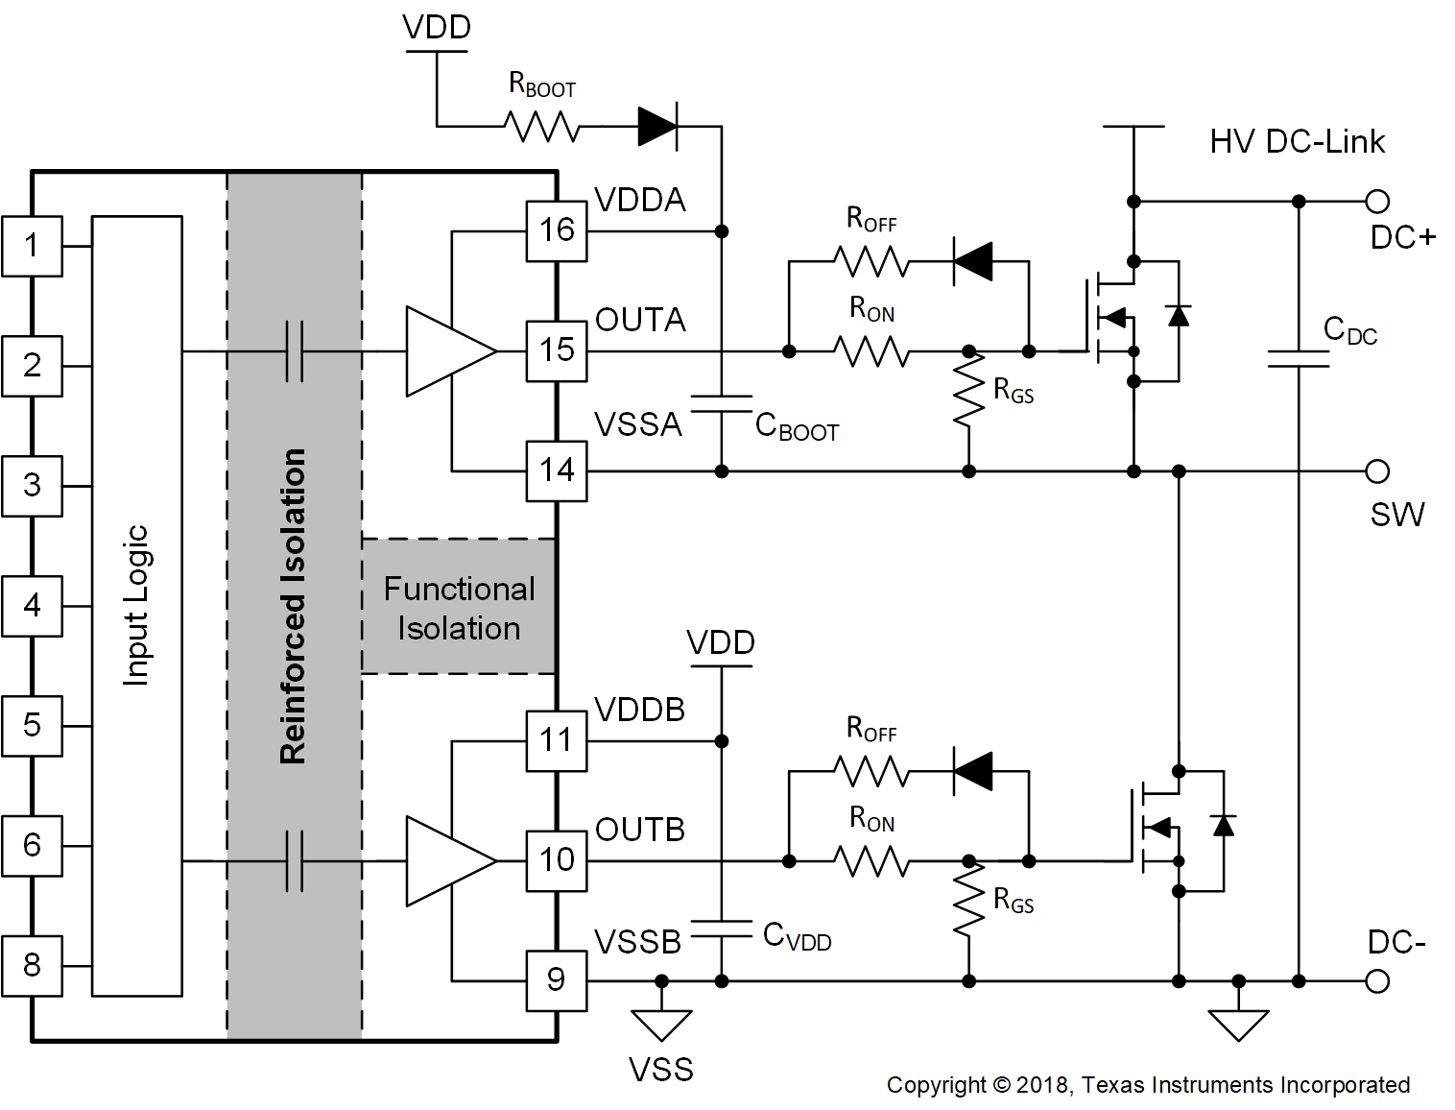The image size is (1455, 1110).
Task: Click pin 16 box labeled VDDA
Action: (556, 231)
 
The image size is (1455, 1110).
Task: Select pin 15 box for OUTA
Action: (556, 351)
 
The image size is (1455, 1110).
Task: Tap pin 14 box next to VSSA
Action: (556, 471)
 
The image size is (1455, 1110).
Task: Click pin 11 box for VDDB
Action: (556, 740)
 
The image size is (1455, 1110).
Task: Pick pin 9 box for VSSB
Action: (556, 980)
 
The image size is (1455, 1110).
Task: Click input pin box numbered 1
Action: (32, 247)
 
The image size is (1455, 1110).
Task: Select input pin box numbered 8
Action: (32, 965)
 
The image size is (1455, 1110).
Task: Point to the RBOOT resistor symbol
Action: (542, 126)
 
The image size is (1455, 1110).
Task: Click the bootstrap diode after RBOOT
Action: (658, 126)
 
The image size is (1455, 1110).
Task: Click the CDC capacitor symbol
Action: (1299, 358)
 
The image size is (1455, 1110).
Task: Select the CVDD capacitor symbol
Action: (722, 929)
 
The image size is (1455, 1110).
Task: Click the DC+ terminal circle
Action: (1377, 202)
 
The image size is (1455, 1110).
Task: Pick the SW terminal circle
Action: (1377, 471)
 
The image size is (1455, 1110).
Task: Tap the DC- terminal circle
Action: (1377, 981)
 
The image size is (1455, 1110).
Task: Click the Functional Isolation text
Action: (459, 608)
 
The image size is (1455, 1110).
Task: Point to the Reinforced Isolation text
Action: (293, 606)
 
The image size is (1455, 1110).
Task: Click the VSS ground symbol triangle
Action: (661, 1024)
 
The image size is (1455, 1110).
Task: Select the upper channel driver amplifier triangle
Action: (444, 351)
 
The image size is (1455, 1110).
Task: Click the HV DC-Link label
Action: (1297, 142)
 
